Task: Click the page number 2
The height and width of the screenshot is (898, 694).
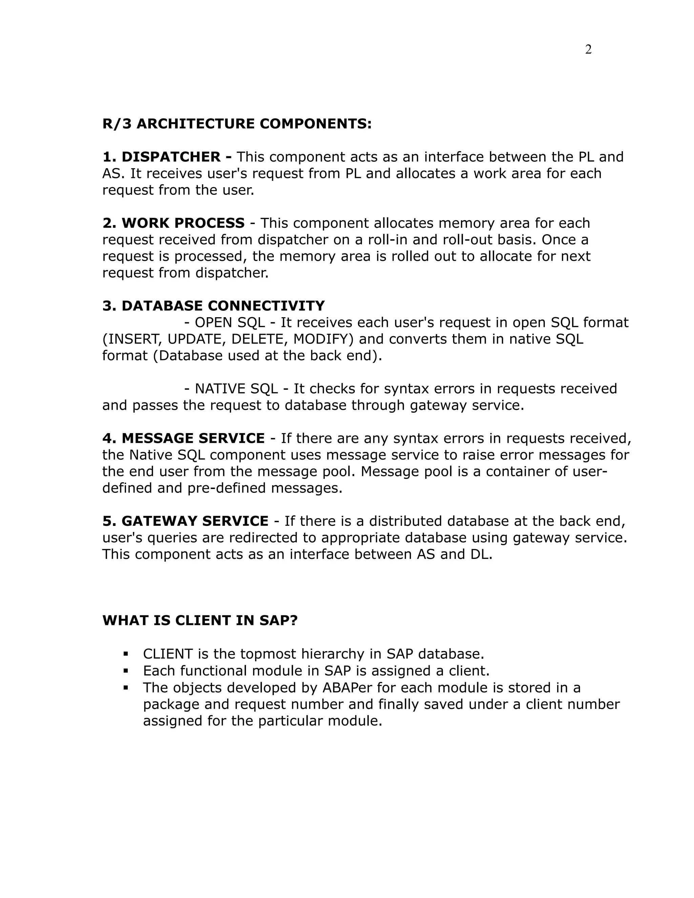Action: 588,50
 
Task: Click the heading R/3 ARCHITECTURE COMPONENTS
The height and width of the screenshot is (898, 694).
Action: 237,124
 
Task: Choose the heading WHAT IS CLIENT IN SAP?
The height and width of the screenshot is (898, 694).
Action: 200,620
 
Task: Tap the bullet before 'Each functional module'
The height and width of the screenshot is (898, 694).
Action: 126,671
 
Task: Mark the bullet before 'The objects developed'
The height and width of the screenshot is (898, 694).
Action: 126,688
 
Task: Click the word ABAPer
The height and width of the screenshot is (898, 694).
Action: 349,688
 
